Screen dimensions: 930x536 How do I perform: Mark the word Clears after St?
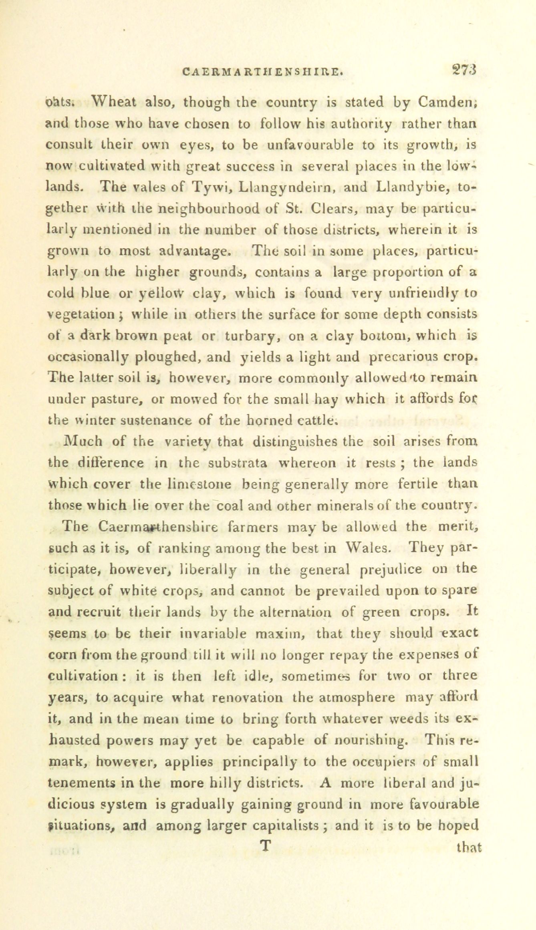click(329, 209)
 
